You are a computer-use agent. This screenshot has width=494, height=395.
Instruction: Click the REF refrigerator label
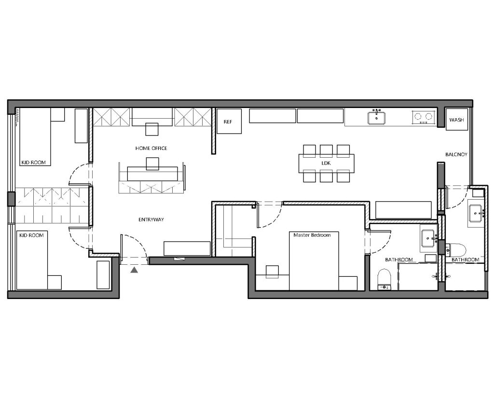[228, 122]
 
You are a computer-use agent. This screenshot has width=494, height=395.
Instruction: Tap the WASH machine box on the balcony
[456, 119]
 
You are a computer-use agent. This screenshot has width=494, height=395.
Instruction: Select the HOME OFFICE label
[151, 148]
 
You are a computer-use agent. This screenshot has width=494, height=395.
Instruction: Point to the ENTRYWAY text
[151, 219]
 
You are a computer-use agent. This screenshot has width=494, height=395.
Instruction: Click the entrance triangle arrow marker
[134, 270]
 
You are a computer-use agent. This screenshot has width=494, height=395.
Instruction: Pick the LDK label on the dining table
[326, 163]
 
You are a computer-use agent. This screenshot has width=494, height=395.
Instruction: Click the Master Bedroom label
[312, 235]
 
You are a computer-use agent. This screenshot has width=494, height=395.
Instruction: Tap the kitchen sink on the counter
[377, 117]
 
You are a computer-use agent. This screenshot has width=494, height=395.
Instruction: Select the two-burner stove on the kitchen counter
[422, 117]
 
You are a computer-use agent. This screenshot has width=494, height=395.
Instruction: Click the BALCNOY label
[456, 154]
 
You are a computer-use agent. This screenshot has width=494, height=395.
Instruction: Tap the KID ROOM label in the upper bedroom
[33, 163]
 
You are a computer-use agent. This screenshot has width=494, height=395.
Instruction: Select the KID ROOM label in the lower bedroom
[31, 235]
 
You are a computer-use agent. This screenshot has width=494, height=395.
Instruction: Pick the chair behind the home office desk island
[152, 164]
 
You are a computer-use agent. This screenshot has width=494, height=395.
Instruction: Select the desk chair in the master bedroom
[272, 272]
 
